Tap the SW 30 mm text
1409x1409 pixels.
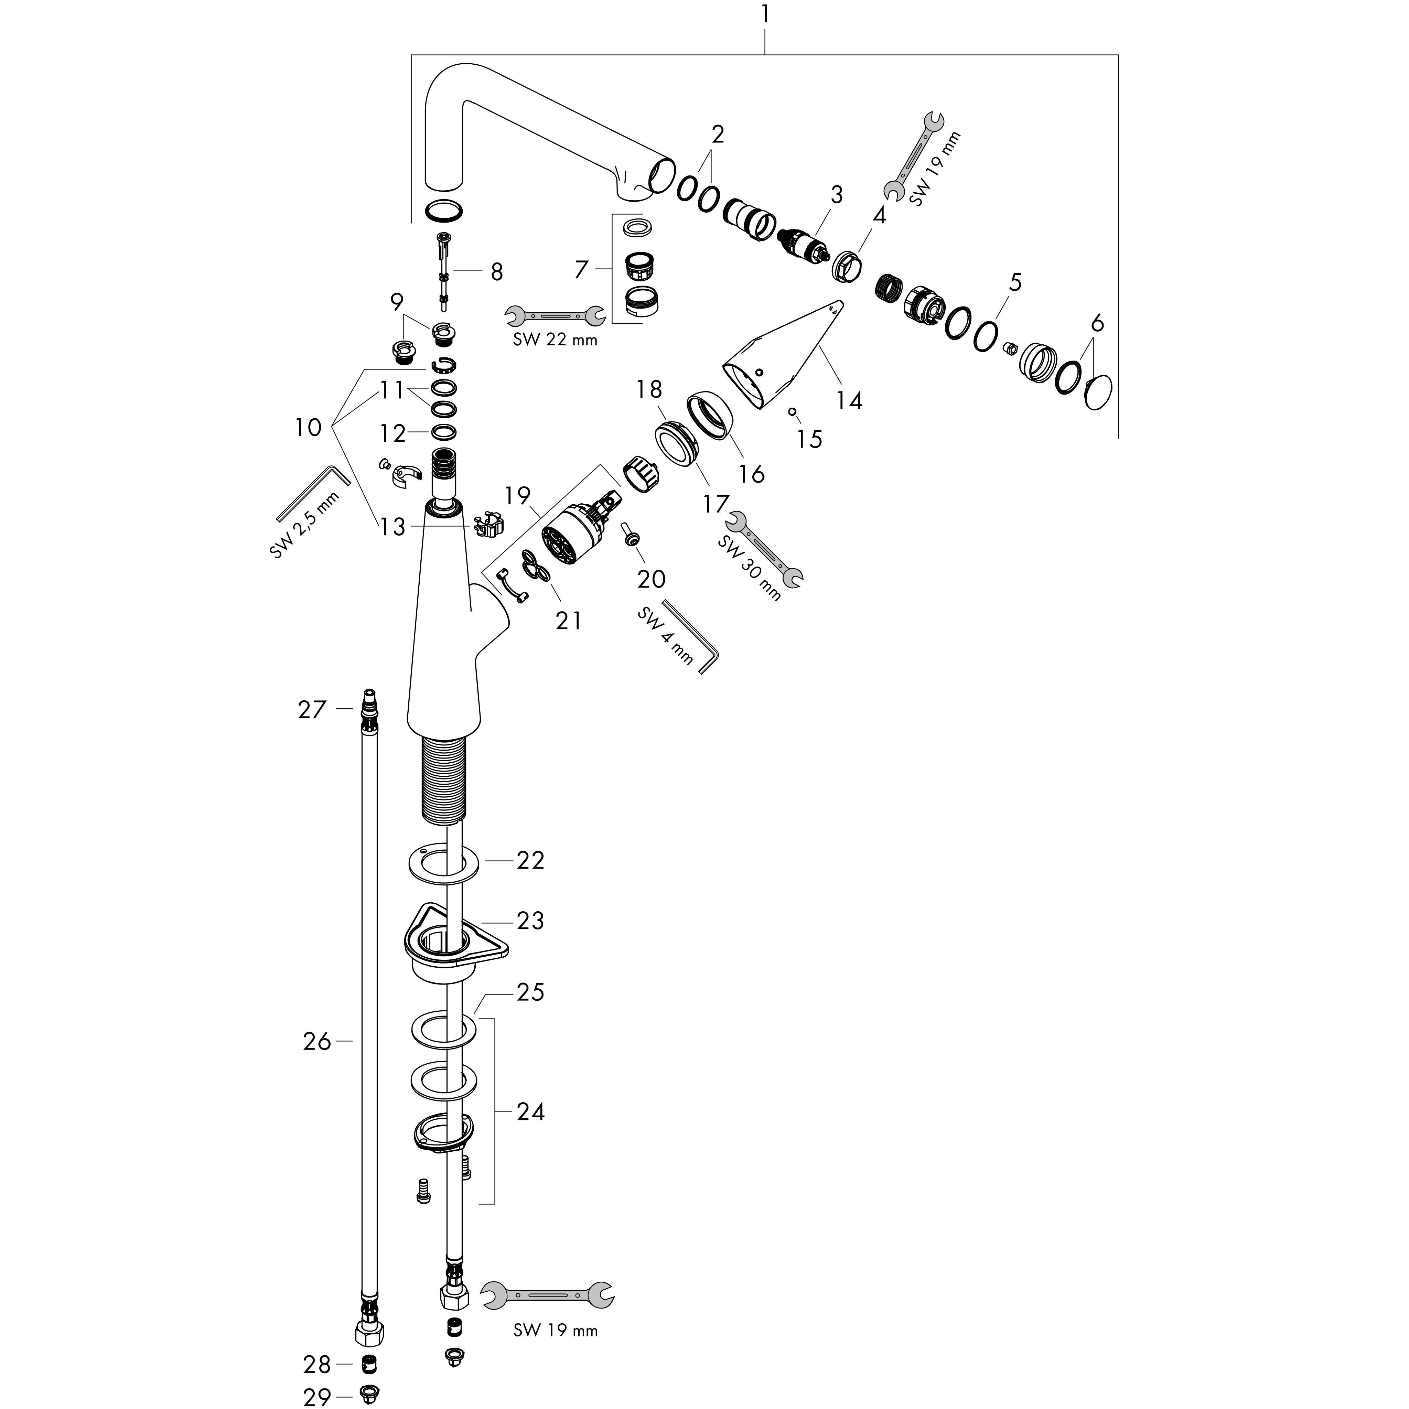(x=749, y=568)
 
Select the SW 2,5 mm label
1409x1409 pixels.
(x=305, y=526)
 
